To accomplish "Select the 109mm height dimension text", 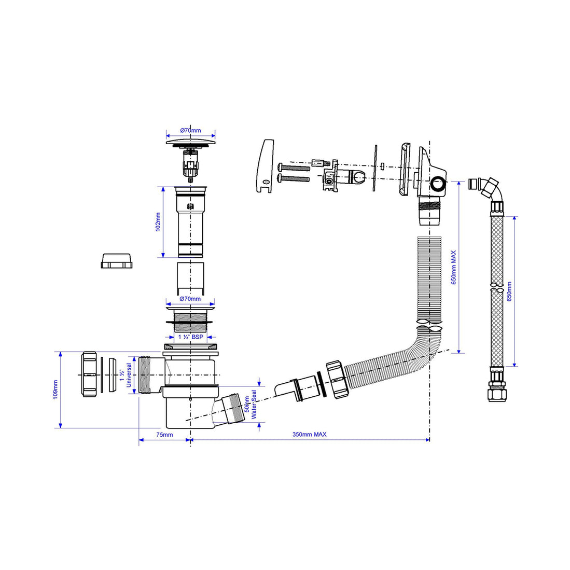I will pos(55,390).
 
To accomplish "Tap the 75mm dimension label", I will pos(164,435).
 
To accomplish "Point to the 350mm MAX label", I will pos(309,435).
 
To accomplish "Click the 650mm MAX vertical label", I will pos(453,267).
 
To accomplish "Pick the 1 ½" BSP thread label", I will pos(190,337).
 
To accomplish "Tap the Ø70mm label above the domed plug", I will pos(190,131).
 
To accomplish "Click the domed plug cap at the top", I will pos(190,141).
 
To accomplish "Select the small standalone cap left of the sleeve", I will pos(117,260).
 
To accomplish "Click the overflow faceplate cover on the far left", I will pos(267,166).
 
